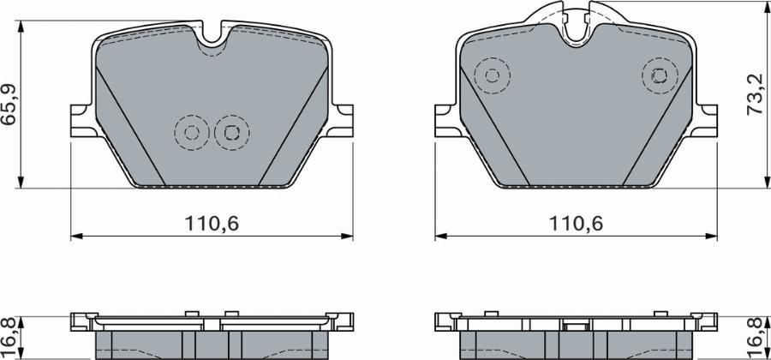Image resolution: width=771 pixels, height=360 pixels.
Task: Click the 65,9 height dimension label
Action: coord(10,105)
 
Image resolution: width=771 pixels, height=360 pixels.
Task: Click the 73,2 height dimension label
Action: coord(756,94)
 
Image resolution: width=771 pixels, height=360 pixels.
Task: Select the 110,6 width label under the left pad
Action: coord(210,225)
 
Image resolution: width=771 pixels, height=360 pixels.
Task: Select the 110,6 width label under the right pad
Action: coord(577,225)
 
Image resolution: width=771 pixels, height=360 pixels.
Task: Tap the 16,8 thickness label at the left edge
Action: coord(9,335)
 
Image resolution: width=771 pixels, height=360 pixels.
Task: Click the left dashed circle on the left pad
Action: coord(191,132)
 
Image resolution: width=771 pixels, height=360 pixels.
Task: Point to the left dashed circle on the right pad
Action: coord(493,75)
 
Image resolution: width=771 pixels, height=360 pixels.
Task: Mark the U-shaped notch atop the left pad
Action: coord(210,39)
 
